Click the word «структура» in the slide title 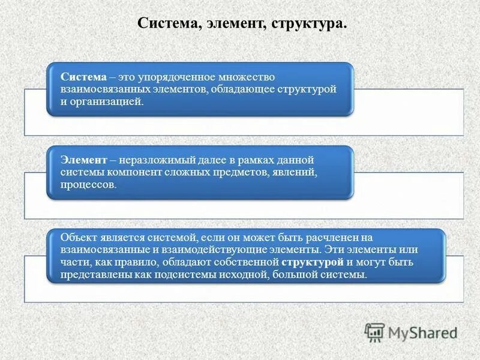308,24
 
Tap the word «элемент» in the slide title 236,24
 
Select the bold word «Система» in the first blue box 83,78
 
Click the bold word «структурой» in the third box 312,262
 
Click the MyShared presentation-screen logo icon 375,332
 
